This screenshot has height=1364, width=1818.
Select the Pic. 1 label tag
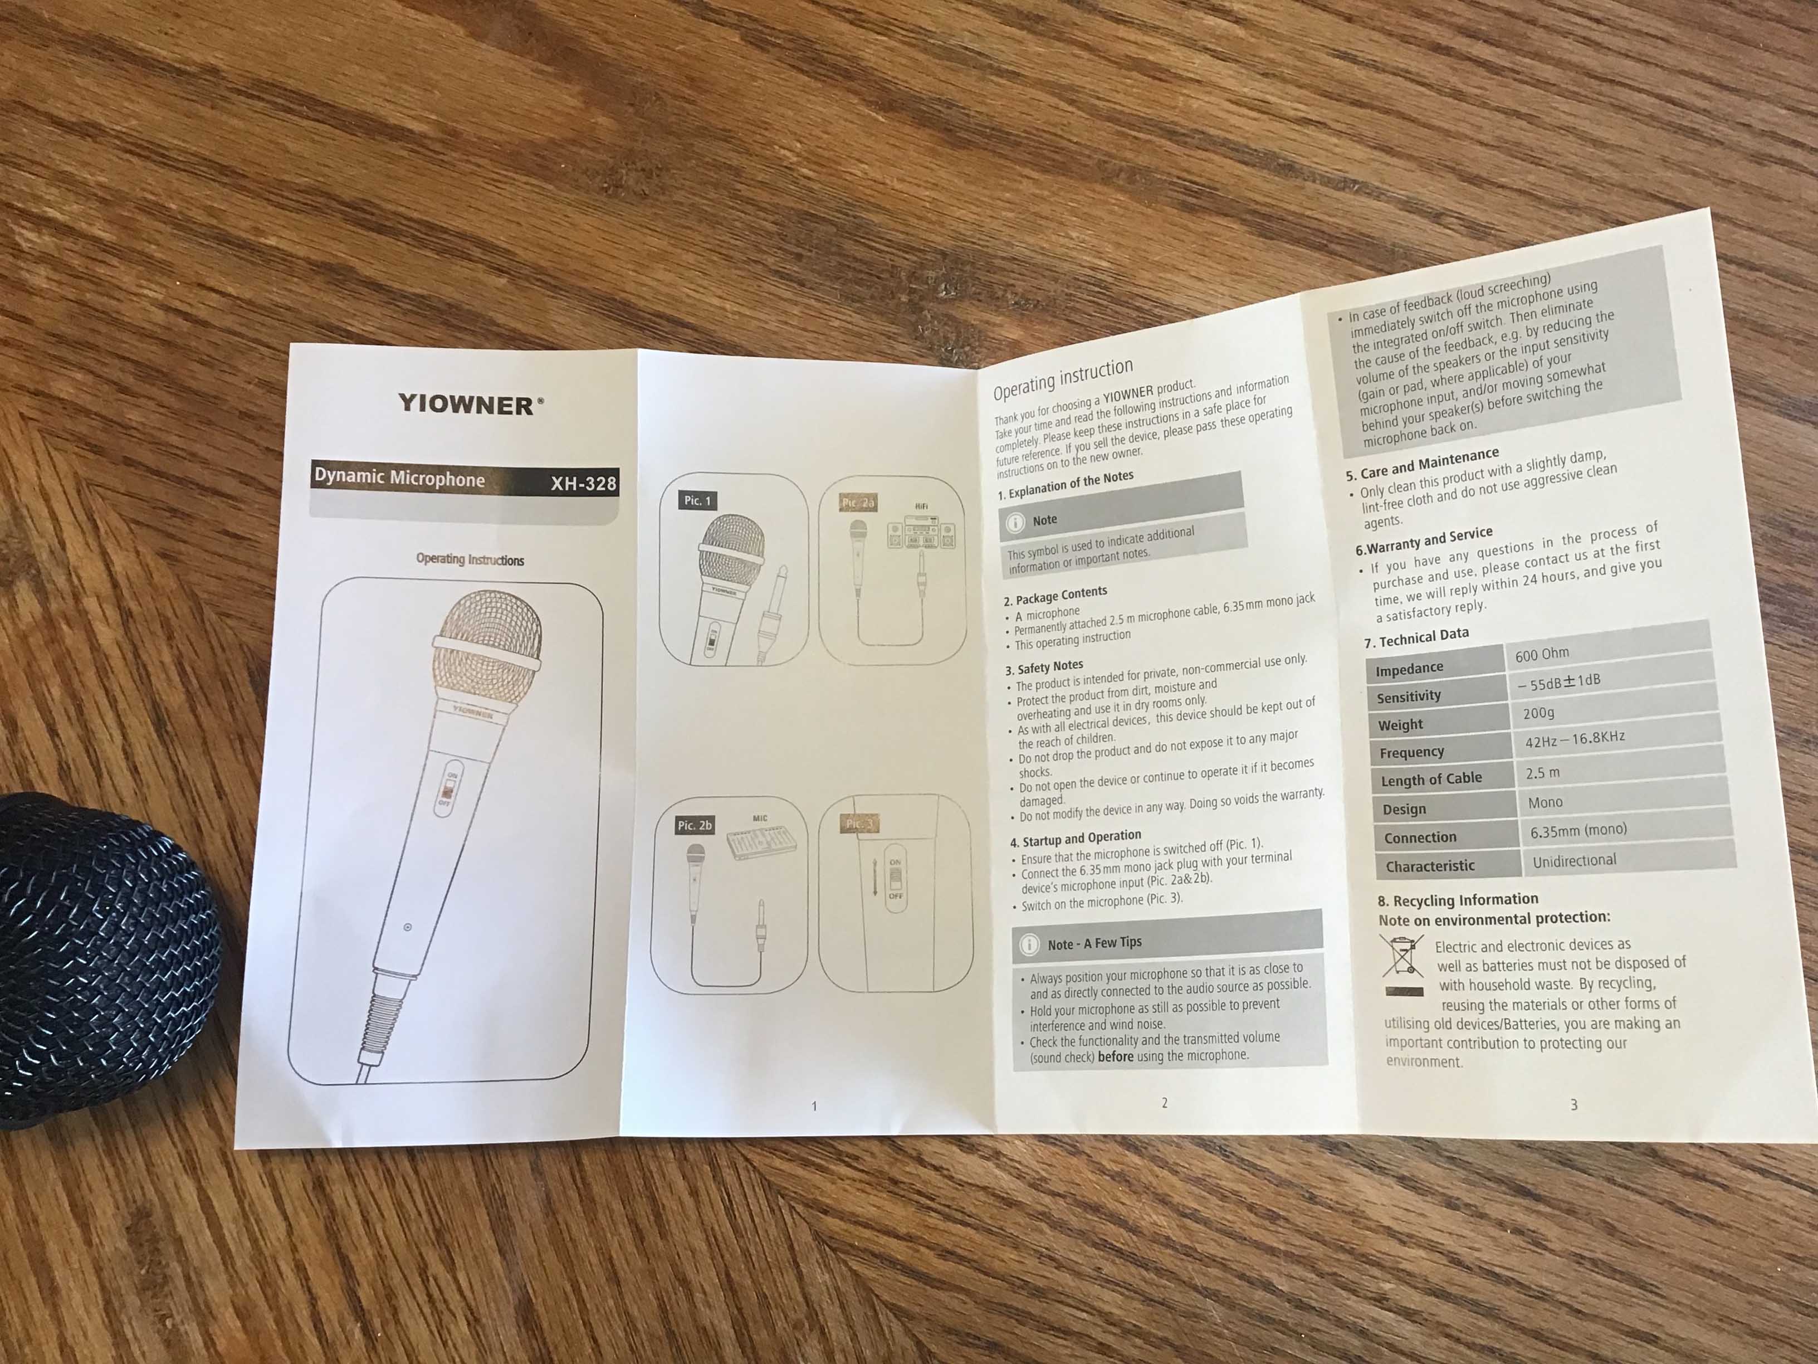(697, 500)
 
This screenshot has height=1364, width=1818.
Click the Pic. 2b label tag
(695, 825)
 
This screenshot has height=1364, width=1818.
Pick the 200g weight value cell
(1538, 713)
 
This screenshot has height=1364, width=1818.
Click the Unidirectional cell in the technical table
(1574, 860)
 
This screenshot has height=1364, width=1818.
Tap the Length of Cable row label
(1430, 778)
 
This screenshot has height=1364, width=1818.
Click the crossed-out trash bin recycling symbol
(1401, 956)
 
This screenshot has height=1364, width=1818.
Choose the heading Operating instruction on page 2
(1063, 379)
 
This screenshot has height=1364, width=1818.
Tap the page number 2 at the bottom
(1164, 1103)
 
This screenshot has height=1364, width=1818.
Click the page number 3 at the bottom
(1574, 1105)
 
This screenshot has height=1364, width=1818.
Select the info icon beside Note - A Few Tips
(1028, 944)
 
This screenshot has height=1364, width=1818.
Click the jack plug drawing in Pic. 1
(773, 612)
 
